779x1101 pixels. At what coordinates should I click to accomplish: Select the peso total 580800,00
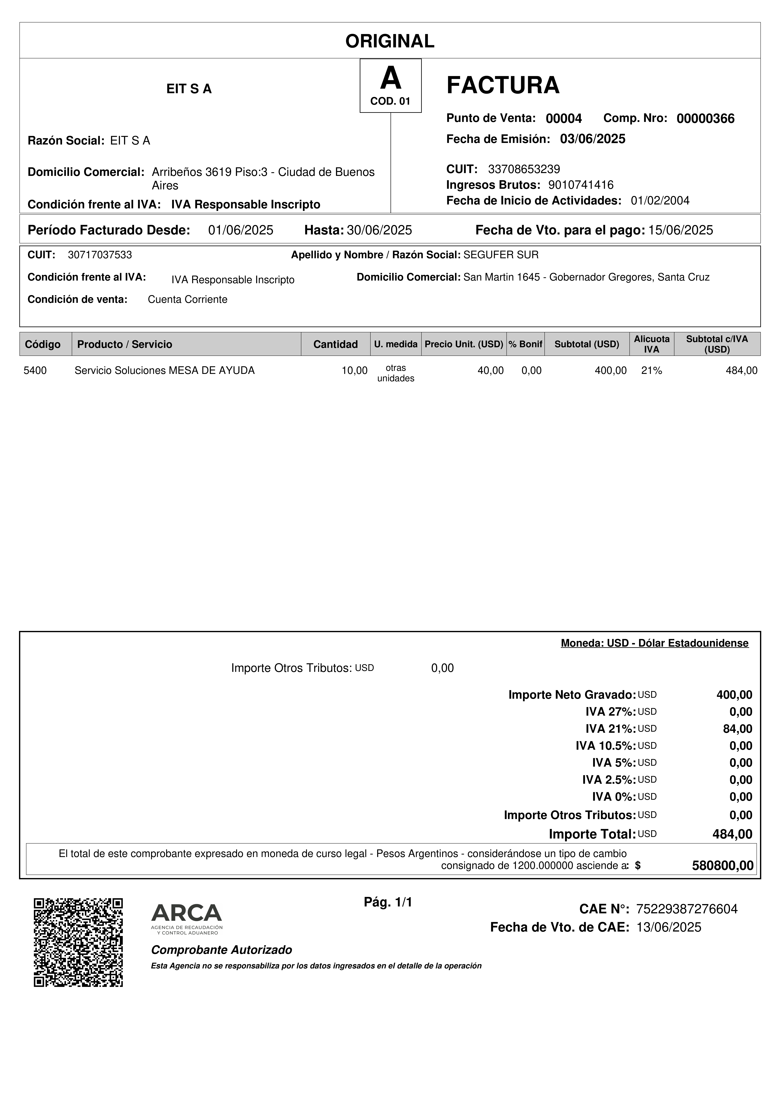(722, 865)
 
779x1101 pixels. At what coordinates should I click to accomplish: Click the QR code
(78, 942)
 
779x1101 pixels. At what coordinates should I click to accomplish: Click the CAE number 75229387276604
(686, 909)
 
